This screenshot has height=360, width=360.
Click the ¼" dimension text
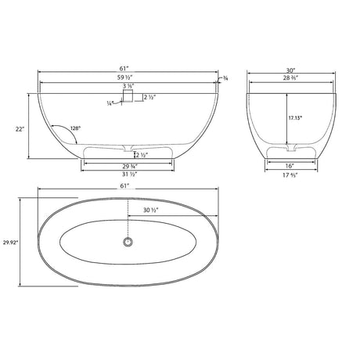click(x=111, y=101)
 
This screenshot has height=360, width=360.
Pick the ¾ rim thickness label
click(x=225, y=77)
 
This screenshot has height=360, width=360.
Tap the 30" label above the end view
click(x=291, y=70)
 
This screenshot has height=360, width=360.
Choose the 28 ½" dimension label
click(x=291, y=79)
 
